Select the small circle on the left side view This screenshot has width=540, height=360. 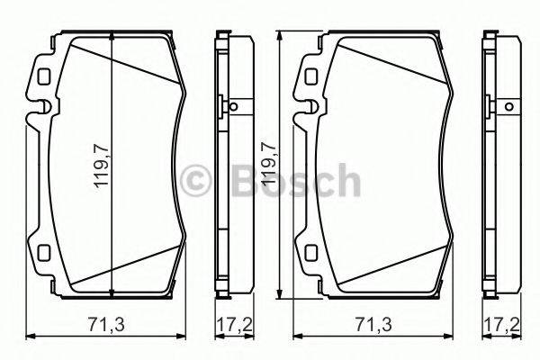pyautogui.click(x=233, y=109)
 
